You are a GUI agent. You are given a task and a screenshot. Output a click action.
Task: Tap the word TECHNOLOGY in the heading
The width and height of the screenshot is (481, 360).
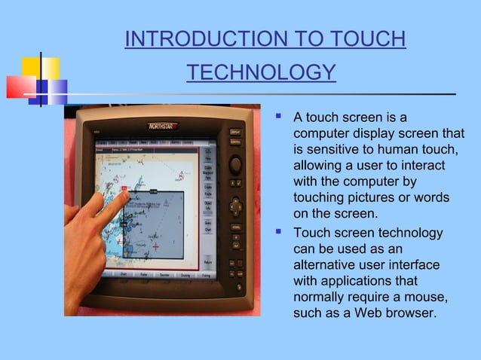coord(260,72)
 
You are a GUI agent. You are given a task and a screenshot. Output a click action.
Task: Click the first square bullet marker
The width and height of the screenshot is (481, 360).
coord(278,117)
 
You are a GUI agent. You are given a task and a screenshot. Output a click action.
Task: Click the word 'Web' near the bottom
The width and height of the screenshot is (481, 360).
coord(370,313)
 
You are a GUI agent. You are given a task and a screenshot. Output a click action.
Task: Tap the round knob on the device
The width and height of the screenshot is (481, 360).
coord(235,163)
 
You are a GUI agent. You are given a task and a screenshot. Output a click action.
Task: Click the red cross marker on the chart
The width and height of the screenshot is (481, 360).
coord(155,246)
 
